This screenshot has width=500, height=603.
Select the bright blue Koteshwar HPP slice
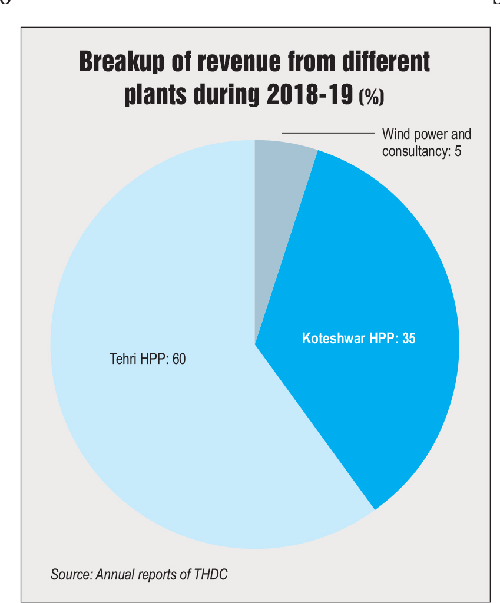click(x=377, y=283)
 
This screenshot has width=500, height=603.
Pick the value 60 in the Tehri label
click(x=178, y=358)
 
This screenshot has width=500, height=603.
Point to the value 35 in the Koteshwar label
click(x=409, y=339)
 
